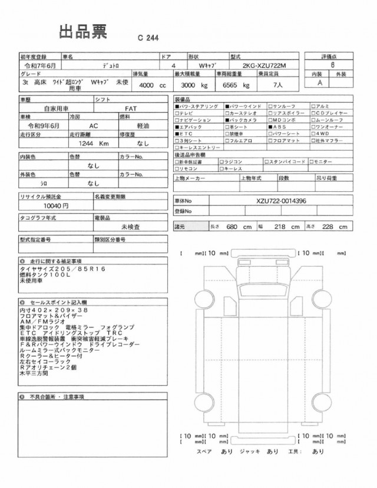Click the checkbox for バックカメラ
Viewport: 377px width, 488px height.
[227, 119]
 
